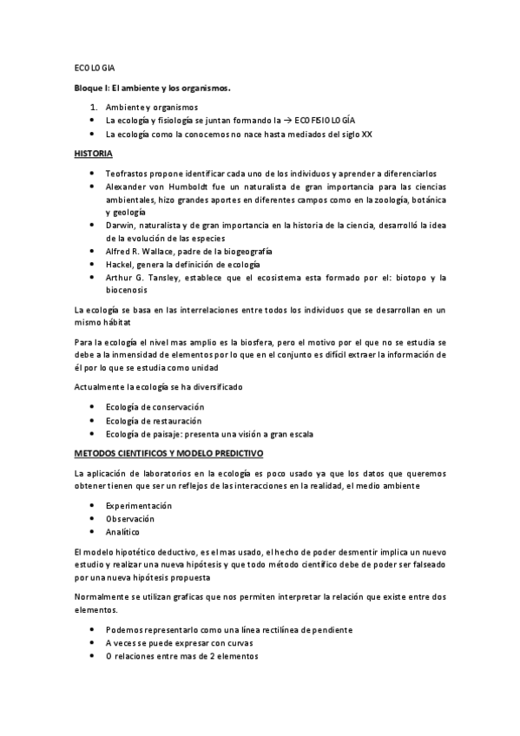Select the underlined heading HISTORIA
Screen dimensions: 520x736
93,153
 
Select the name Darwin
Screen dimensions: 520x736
120,225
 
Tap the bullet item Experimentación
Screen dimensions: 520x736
139,505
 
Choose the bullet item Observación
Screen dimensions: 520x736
130,518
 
